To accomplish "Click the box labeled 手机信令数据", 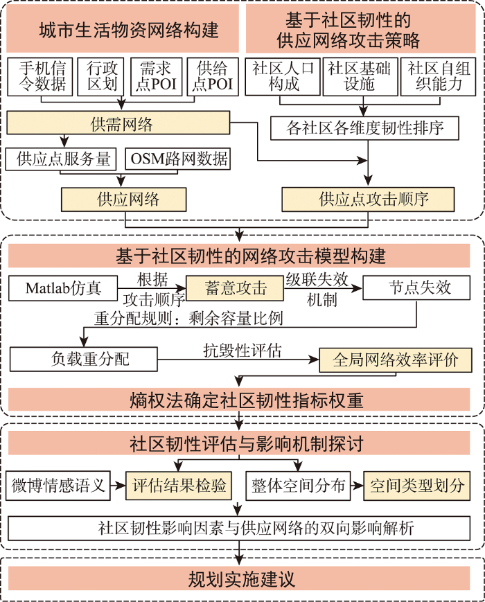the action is [x=40, y=77].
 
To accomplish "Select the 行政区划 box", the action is [x=100, y=77].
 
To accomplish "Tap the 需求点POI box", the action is [x=157, y=77].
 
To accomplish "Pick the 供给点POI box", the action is [x=213, y=77].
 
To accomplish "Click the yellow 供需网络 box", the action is [x=118, y=123].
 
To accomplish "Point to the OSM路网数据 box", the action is [x=178, y=159].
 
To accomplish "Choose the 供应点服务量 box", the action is [x=61, y=159].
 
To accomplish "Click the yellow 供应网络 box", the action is [x=123, y=200].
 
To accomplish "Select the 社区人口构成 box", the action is [x=283, y=77].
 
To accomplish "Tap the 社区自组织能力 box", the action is [x=438, y=77].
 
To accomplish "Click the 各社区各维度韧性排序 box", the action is [x=365, y=128].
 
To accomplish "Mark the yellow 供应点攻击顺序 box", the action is [x=369, y=200].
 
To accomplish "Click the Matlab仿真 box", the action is [x=63, y=288].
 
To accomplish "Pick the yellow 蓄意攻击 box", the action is [x=235, y=288].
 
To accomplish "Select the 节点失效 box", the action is [x=416, y=288].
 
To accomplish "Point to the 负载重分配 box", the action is [x=84, y=360].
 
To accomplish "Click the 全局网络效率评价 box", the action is [x=396, y=360].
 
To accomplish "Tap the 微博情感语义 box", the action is [x=58, y=486].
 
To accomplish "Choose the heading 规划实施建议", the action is [x=242, y=579].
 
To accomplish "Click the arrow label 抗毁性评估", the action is [x=242, y=350].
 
